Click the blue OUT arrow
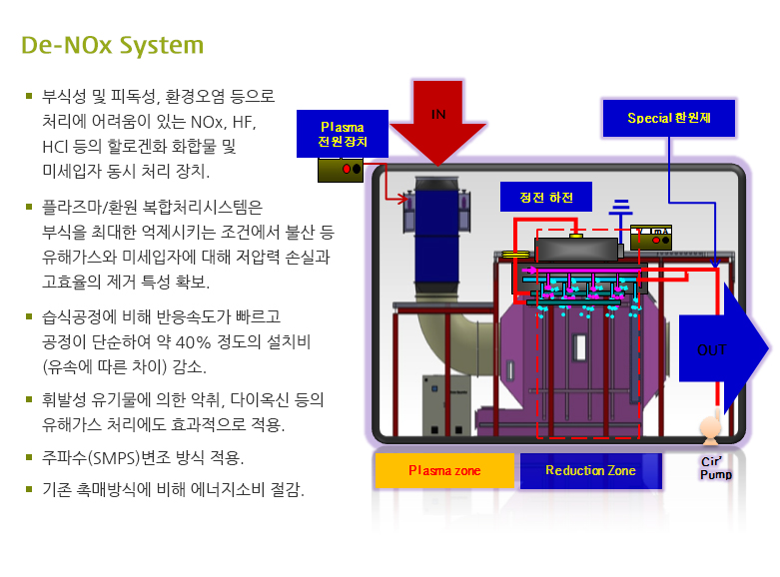[x=720, y=349]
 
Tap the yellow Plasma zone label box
[x=443, y=470]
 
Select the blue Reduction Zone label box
[x=589, y=470]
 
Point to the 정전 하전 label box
[x=546, y=196]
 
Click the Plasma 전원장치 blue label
[x=342, y=134]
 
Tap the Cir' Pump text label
[x=715, y=468]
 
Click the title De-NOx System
[x=113, y=46]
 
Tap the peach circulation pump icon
[x=709, y=429]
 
